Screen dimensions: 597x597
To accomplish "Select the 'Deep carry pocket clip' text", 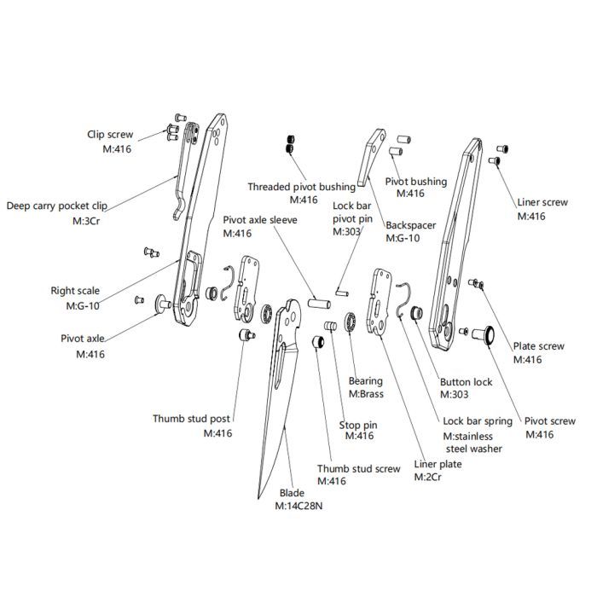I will [x=57, y=206].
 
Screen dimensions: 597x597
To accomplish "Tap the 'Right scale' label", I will [x=75, y=291].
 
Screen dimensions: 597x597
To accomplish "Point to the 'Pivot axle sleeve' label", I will [x=259, y=219].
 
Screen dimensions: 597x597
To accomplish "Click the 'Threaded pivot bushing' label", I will [x=301, y=186].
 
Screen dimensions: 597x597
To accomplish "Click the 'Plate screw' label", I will [x=537, y=346].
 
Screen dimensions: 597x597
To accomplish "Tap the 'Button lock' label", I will [x=466, y=382].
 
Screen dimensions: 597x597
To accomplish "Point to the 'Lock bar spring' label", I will [x=478, y=421].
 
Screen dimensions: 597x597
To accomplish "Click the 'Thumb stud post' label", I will [x=191, y=419].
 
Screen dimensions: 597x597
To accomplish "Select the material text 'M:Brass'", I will [x=366, y=394].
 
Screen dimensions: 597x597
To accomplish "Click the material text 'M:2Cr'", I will [x=426, y=477].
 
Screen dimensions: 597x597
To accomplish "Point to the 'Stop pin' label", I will [x=358, y=424].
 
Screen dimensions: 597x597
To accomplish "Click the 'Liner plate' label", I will [x=438, y=464].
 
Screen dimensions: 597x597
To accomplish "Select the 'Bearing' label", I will [x=366, y=381].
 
